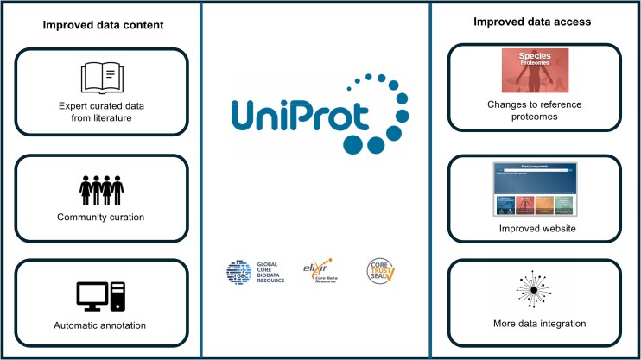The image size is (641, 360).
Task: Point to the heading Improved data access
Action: click(x=535, y=23)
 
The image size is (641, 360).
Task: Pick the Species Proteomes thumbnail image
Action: click(x=534, y=72)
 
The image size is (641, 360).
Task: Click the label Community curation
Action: click(x=102, y=217)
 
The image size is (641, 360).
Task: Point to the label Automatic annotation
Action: click(x=102, y=325)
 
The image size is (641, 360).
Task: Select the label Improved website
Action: click(x=534, y=228)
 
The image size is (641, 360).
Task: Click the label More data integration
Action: click(x=534, y=324)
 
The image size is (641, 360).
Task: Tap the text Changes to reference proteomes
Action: click(x=534, y=111)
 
